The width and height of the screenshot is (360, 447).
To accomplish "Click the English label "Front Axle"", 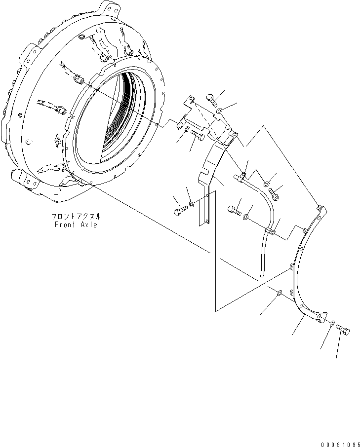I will tap(77, 224).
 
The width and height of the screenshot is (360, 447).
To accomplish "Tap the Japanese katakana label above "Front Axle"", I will tap(77, 217).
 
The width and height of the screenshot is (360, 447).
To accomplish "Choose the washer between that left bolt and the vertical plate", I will tap(192, 203).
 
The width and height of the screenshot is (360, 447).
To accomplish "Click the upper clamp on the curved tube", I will tap(243, 177).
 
